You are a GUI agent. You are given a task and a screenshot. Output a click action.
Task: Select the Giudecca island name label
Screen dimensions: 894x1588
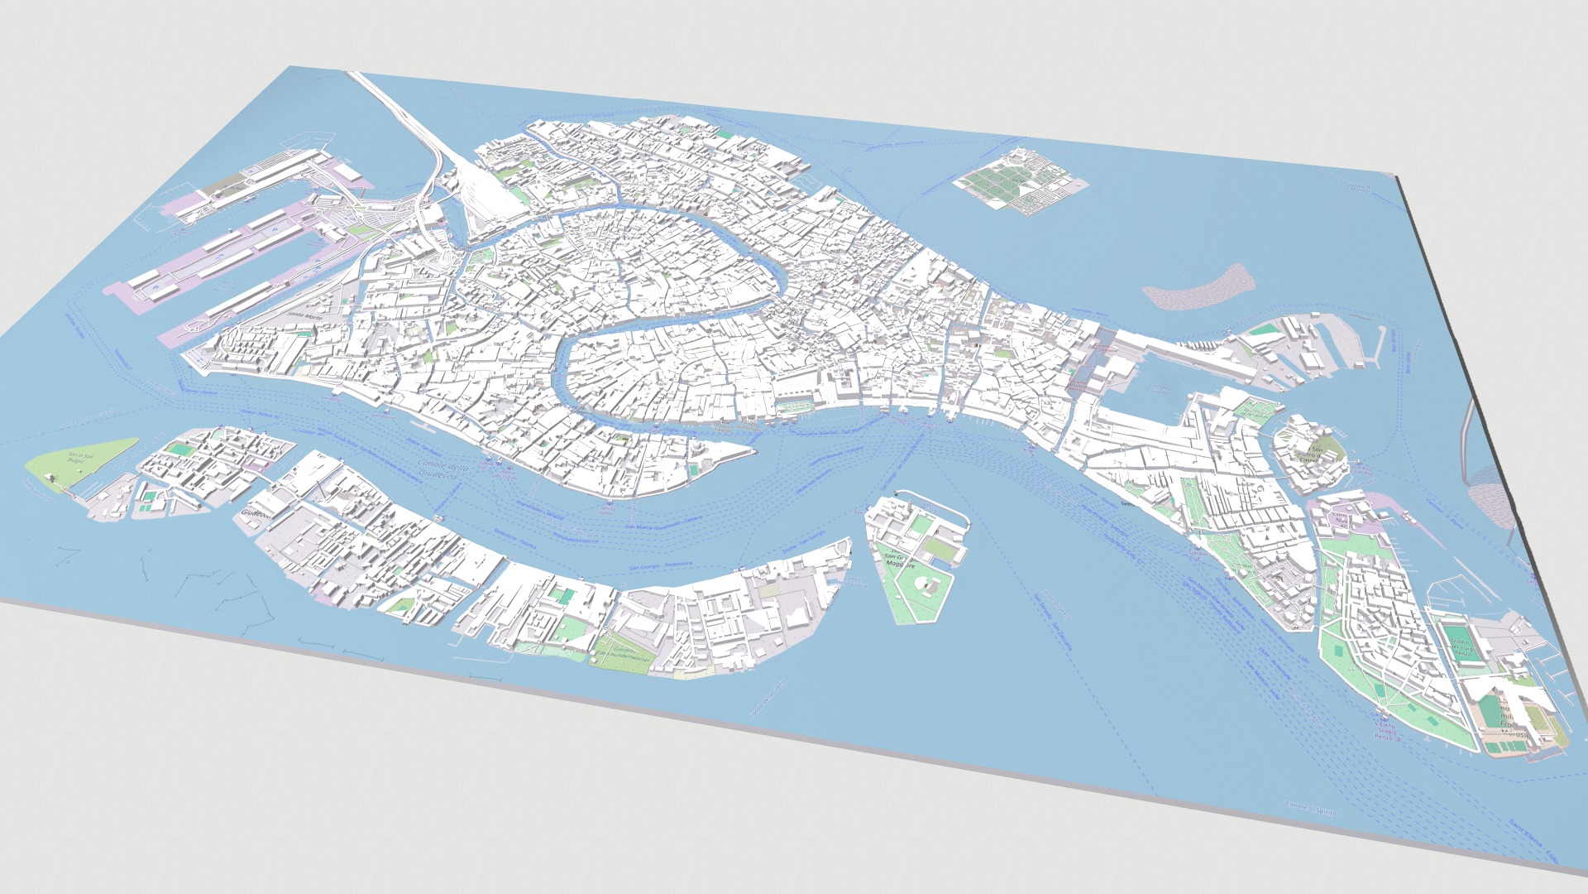click(255, 514)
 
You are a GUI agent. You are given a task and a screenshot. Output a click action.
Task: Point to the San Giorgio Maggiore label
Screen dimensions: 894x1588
click(900, 560)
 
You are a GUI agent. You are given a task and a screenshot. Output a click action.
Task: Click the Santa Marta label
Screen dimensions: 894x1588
click(304, 315)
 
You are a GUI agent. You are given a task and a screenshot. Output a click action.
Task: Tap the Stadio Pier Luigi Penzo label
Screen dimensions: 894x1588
click(1461, 647)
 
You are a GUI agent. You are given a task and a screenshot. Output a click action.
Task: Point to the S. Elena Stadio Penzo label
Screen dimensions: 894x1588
click(1387, 732)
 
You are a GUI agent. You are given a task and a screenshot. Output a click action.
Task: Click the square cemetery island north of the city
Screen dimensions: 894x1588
click(1018, 181)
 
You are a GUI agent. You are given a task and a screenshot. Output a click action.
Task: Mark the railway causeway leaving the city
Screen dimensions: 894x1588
click(397, 112)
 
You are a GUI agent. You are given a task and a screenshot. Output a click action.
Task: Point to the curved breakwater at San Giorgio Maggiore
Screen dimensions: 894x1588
click(939, 506)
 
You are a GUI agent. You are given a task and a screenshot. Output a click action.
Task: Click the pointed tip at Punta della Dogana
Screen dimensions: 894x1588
click(751, 453)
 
